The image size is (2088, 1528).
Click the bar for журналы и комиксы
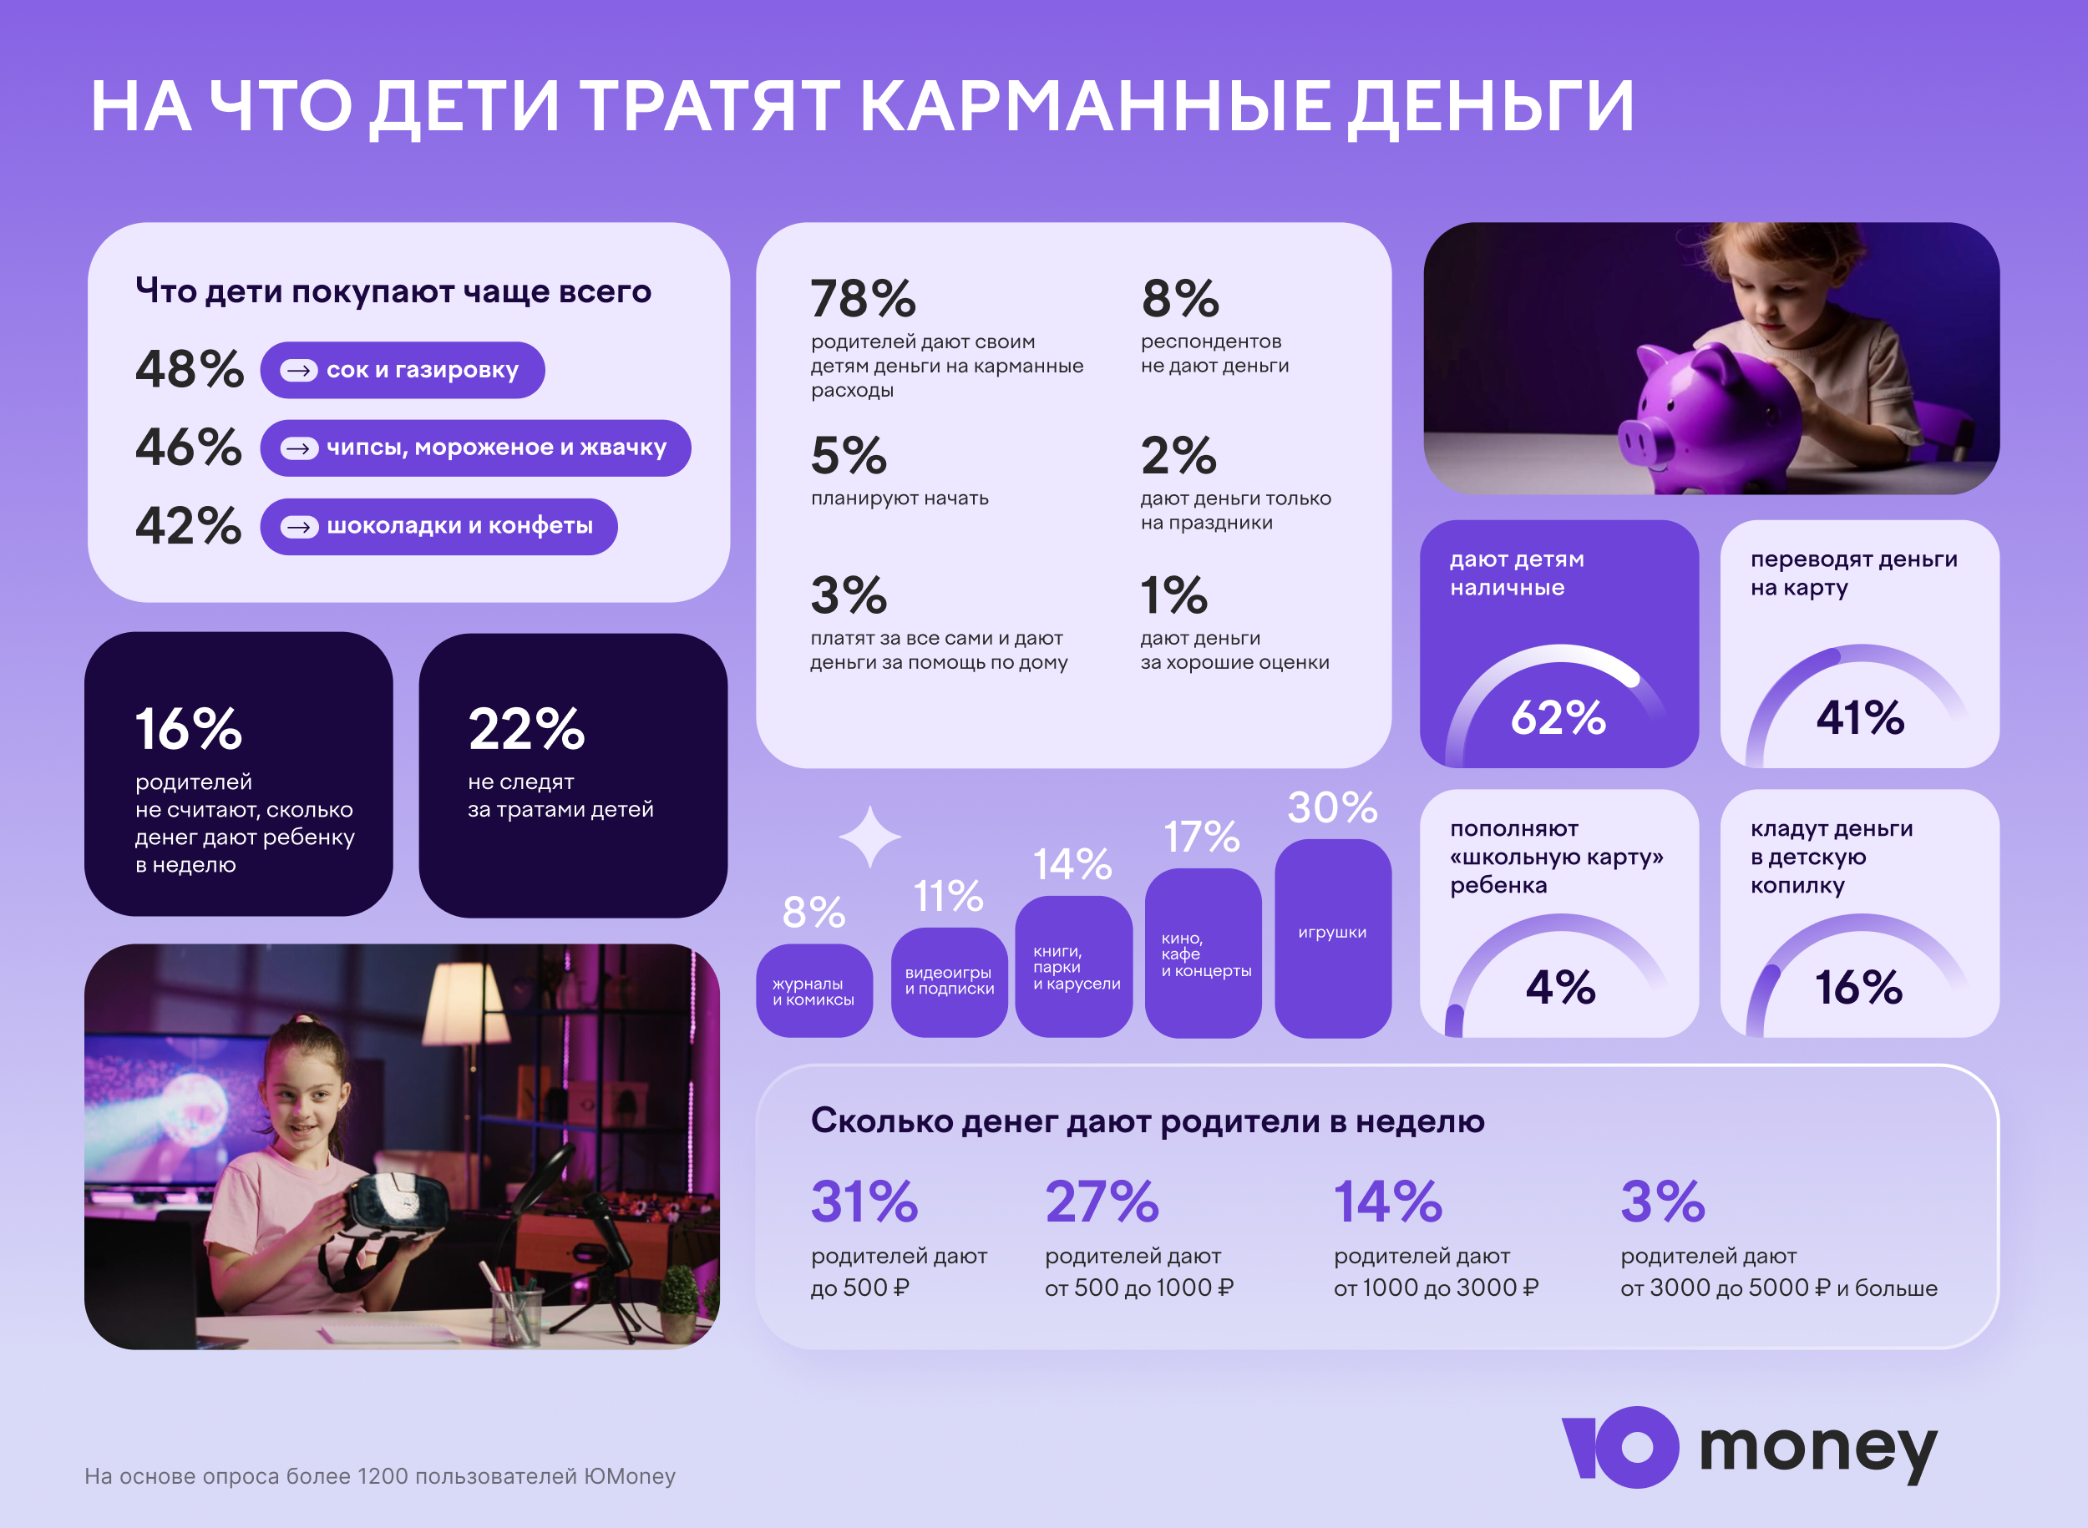click(x=814, y=989)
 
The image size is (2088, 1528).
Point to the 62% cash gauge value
click(x=1558, y=718)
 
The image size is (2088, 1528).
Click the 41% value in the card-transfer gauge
click(x=1859, y=718)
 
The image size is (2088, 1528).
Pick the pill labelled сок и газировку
click(x=403, y=370)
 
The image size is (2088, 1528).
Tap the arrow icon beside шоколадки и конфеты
click(x=299, y=527)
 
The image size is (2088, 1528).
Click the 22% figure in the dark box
click(x=526, y=729)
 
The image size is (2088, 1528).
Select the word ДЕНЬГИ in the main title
click(x=1489, y=105)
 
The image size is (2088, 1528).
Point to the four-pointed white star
click(x=869, y=836)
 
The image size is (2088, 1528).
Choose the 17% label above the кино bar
click(x=1201, y=837)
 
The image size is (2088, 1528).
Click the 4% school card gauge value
click(x=1560, y=987)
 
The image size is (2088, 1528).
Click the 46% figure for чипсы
click(x=189, y=448)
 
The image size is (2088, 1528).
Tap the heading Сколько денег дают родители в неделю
click(x=1148, y=1121)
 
